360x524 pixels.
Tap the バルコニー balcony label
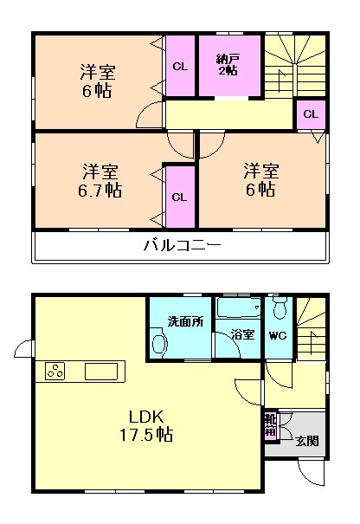(x=182, y=245)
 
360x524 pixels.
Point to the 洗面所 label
(x=184, y=321)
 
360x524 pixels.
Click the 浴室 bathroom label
(x=242, y=333)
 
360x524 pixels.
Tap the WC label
(x=278, y=334)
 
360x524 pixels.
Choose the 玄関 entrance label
(x=306, y=441)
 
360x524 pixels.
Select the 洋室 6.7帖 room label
(x=100, y=180)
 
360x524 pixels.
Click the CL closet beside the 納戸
(x=180, y=66)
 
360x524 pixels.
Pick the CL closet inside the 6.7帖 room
(x=179, y=197)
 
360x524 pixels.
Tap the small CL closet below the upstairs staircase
(x=311, y=114)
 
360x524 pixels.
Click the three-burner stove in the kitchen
(x=55, y=371)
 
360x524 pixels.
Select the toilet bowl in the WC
(x=280, y=310)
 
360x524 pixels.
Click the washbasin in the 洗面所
(x=158, y=343)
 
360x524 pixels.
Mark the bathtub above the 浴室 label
(x=237, y=309)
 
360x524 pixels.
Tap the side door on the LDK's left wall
(x=23, y=349)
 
